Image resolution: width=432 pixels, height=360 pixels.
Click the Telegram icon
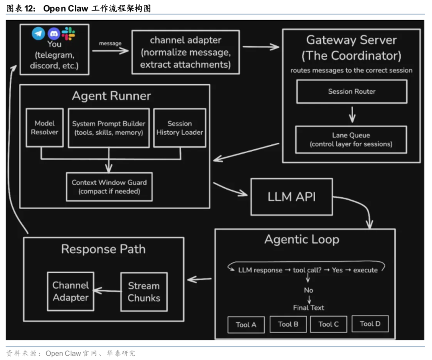pos(39,33)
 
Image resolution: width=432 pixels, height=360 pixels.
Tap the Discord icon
pos(54,34)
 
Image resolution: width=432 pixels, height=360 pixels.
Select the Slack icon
pos(68,33)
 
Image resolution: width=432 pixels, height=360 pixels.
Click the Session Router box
pos(352,92)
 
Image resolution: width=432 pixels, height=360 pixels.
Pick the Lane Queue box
pos(351,140)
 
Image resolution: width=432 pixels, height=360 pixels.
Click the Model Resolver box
pos(44,128)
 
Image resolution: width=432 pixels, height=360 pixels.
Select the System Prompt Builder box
pos(109,128)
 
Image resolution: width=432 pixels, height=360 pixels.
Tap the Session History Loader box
pos(180,128)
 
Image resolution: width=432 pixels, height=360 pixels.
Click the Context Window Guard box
pos(109,187)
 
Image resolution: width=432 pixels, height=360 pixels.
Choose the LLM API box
pos(292,197)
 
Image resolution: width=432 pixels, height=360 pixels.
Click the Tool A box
pos(246,325)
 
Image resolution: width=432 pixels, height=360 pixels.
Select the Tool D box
pos(370,324)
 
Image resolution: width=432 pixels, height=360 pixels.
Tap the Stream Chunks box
pos(144,292)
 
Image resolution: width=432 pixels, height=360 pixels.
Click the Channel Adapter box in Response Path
pos(71,292)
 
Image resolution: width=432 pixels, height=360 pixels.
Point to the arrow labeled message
pos(110,51)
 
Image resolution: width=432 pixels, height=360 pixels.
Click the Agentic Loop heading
pos(302,240)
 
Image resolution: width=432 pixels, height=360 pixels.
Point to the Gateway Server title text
pos(351,40)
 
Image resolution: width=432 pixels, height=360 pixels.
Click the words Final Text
pos(308,308)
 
